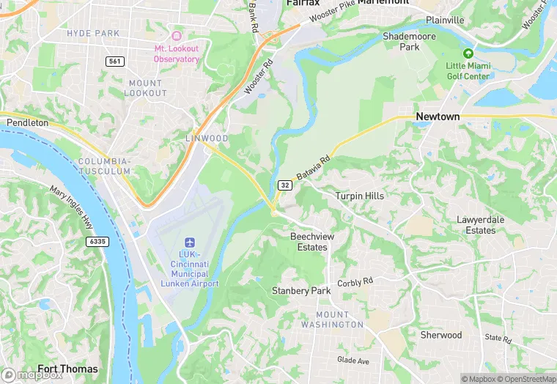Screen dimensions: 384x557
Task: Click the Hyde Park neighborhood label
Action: click(92, 34)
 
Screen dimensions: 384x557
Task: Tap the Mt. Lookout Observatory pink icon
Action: click(176, 36)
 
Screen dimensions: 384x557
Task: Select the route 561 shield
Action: click(114, 62)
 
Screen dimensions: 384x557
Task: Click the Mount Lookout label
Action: click(147, 88)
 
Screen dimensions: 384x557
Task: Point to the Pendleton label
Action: click(27, 123)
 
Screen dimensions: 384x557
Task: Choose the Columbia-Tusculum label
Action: click(104, 166)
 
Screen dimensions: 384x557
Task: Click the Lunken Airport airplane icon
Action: click(189, 243)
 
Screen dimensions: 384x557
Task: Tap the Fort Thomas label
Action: click(67, 369)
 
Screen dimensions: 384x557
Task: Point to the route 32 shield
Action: click(285, 185)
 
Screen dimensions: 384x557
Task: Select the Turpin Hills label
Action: click(359, 196)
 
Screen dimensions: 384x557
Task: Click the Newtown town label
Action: click(438, 117)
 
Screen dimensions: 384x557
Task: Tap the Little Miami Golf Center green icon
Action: click(469, 53)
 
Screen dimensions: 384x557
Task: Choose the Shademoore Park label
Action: click(410, 41)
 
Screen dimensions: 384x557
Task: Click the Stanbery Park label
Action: click(301, 291)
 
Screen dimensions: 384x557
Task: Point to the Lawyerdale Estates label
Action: click(476, 225)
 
